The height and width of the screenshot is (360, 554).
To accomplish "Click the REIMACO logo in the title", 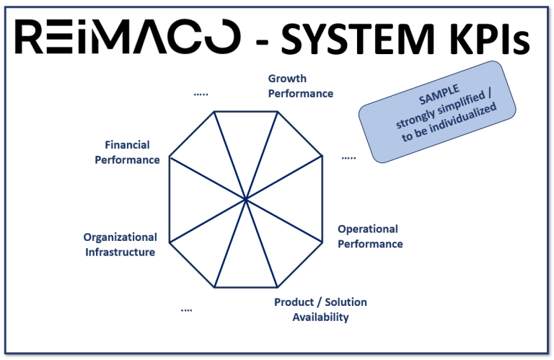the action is pos(128,36).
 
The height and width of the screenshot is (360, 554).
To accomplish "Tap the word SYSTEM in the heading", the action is pos(358,39).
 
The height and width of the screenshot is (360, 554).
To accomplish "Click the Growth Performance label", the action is pos(301,86).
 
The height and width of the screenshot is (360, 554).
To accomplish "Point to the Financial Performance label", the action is pos(127,152).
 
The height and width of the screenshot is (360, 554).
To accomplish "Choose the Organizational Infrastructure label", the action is pos(120,245).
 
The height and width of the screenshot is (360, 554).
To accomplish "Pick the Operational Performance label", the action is pos(370,237).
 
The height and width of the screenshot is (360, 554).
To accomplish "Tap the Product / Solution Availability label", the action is pos(320,309).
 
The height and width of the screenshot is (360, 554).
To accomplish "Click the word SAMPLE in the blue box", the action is pos(439,95).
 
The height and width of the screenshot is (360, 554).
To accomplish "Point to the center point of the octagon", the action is pos(245,200).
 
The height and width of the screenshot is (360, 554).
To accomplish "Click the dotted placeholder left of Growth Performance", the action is pos(201,95).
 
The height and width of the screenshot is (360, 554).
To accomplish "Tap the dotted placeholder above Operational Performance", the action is pos(348,158).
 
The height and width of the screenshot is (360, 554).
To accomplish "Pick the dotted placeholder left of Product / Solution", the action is pos(187,310).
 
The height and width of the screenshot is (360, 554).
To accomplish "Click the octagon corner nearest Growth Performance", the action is pos(277,112).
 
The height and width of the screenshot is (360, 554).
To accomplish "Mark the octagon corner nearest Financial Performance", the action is pos(170,157).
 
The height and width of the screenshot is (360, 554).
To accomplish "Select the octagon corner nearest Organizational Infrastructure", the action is pos(170,242).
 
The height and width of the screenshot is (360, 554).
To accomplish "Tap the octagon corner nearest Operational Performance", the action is pos(322,242).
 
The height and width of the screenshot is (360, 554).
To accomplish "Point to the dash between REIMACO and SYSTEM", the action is pos(262,42).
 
